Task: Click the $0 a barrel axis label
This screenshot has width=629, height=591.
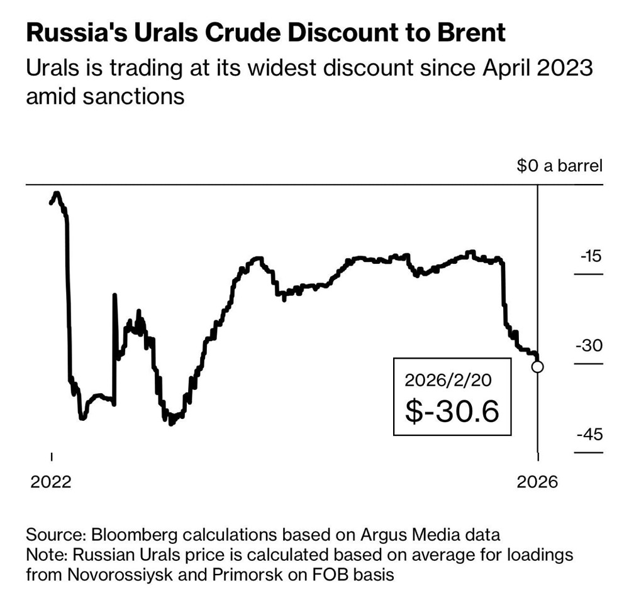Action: [559, 166]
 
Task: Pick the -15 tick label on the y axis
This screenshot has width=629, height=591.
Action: [589, 256]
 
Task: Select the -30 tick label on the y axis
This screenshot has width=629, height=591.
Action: [589, 346]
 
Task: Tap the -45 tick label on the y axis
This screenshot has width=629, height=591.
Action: [589, 435]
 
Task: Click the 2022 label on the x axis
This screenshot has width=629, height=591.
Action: [51, 481]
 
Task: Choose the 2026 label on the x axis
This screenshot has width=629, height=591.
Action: [537, 481]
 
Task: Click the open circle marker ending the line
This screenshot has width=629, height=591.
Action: [538, 367]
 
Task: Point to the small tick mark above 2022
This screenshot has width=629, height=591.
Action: [51, 456]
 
